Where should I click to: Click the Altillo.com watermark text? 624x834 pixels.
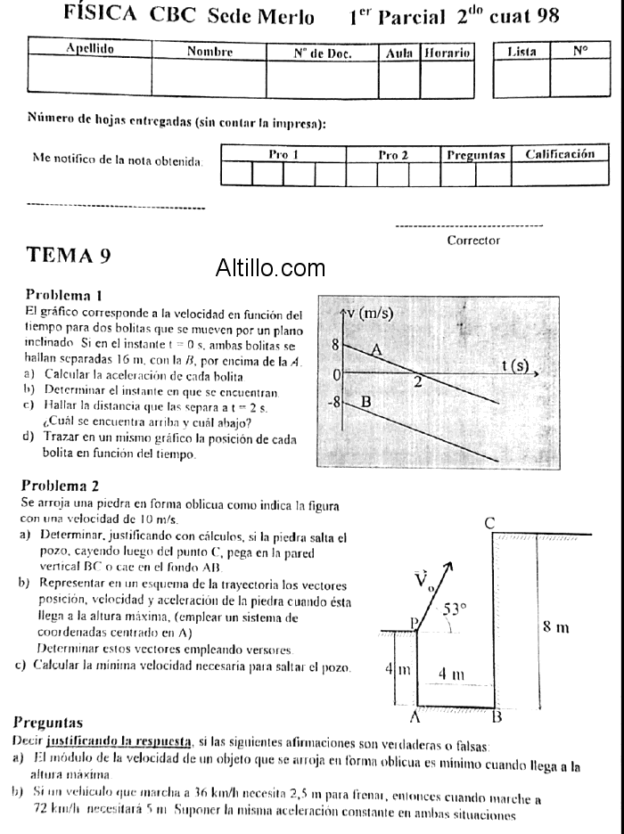pyautogui.click(x=270, y=266)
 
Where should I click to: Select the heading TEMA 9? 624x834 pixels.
pyautogui.click(x=70, y=255)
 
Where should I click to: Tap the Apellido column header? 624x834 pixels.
pyautogui.click(x=90, y=50)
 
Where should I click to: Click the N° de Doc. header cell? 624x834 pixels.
pyautogui.click(x=323, y=53)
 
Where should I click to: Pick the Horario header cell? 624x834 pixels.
pyautogui.click(x=447, y=53)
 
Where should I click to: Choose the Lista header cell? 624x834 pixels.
pyautogui.click(x=521, y=52)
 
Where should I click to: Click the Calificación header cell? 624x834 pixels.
pyautogui.click(x=560, y=154)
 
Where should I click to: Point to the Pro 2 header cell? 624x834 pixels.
pyautogui.click(x=393, y=154)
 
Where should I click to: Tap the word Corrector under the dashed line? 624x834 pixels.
pyautogui.click(x=473, y=241)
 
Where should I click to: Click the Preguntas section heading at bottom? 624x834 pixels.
pyautogui.click(x=49, y=723)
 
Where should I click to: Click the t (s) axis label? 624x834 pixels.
pyautogui.click(x=515, y=365)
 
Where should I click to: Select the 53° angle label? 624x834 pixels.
pyautogui.click(x=456, y=609)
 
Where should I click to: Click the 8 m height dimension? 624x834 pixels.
pyautogui.click(x=556, y=627)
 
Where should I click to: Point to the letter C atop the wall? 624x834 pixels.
pyautogui.click(x=490, y=524)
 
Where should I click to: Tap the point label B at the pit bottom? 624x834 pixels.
pyautogui.click(x=497, y=715)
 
